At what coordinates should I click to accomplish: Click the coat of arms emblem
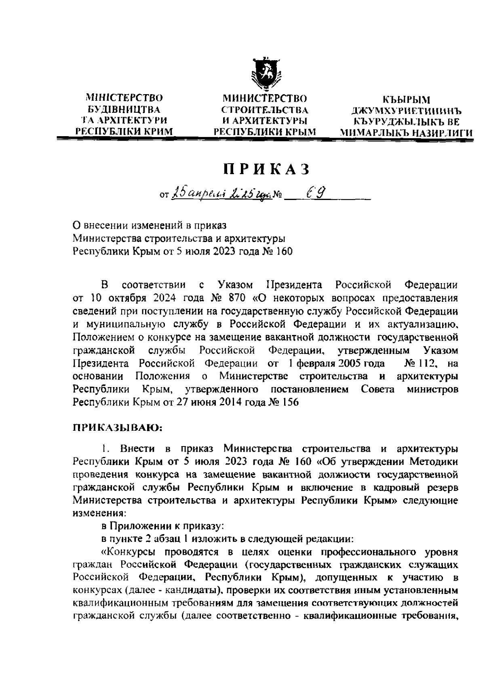[265, 74]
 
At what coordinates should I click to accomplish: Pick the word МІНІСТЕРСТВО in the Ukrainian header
[124, 98]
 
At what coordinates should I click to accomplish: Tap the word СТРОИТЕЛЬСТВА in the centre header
[265, 109]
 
